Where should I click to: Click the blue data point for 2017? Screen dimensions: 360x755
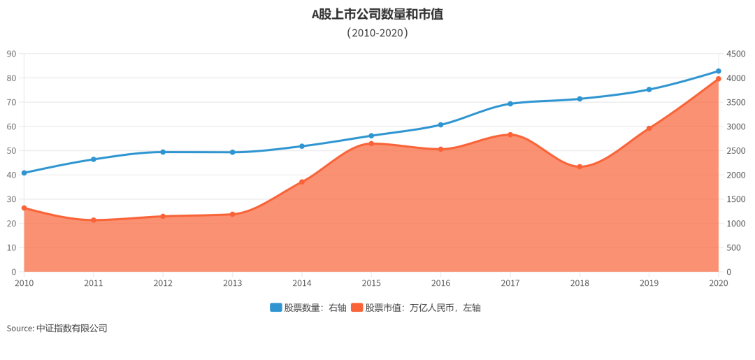point(510,103)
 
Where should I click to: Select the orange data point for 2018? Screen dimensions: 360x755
point(580,166)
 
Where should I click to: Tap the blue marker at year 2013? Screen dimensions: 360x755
point(233,152)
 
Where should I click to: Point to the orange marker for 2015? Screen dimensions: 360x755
point(371,143)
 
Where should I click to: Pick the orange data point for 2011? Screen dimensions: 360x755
point(94,220)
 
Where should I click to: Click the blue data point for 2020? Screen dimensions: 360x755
point(718,71)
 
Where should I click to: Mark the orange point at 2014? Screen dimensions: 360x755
point(302,182)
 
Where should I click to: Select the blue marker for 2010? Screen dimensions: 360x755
point(24,173)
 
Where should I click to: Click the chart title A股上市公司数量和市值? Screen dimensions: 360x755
point(377,14)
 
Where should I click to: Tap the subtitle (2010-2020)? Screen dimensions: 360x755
point(377,33)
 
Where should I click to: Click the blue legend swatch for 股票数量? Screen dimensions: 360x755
point(276,308)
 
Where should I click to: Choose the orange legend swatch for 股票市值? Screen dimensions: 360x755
point(357,308)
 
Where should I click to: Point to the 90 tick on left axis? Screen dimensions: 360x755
point(11,54)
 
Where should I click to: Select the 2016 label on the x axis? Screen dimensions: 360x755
point(440,283)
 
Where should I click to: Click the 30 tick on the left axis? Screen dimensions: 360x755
point(11,199)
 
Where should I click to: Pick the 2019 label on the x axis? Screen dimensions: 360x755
point(649,283)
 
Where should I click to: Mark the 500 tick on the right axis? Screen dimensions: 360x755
point(733,247)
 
